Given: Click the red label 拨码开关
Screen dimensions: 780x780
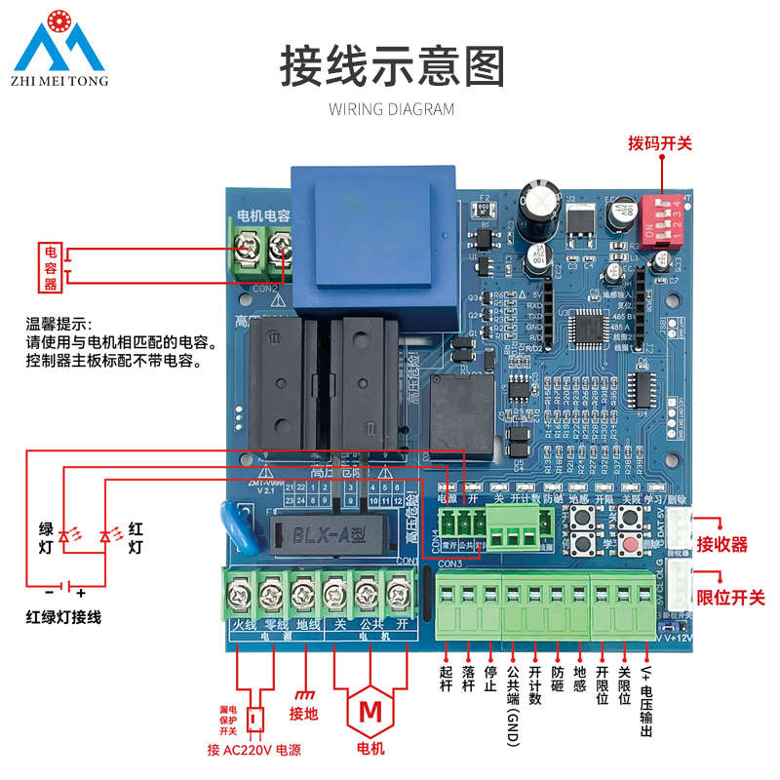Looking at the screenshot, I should (x=659, y=143).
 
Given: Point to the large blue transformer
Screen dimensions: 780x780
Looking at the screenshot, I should (x=375, y=239).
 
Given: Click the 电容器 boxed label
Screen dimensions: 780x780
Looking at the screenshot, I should (x=52, y=267).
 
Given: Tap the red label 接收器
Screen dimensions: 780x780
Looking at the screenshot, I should (x=722, y=544).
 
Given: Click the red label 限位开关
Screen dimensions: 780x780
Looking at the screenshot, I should (x=730, y=597).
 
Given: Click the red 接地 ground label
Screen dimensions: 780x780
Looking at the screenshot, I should (x=304, y=713).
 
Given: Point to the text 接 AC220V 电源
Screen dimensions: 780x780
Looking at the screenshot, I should (x=253, y=750).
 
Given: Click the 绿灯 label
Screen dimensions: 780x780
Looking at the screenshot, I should (x=46, y=537).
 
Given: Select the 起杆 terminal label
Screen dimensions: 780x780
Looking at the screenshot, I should (x=446, y=680).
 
